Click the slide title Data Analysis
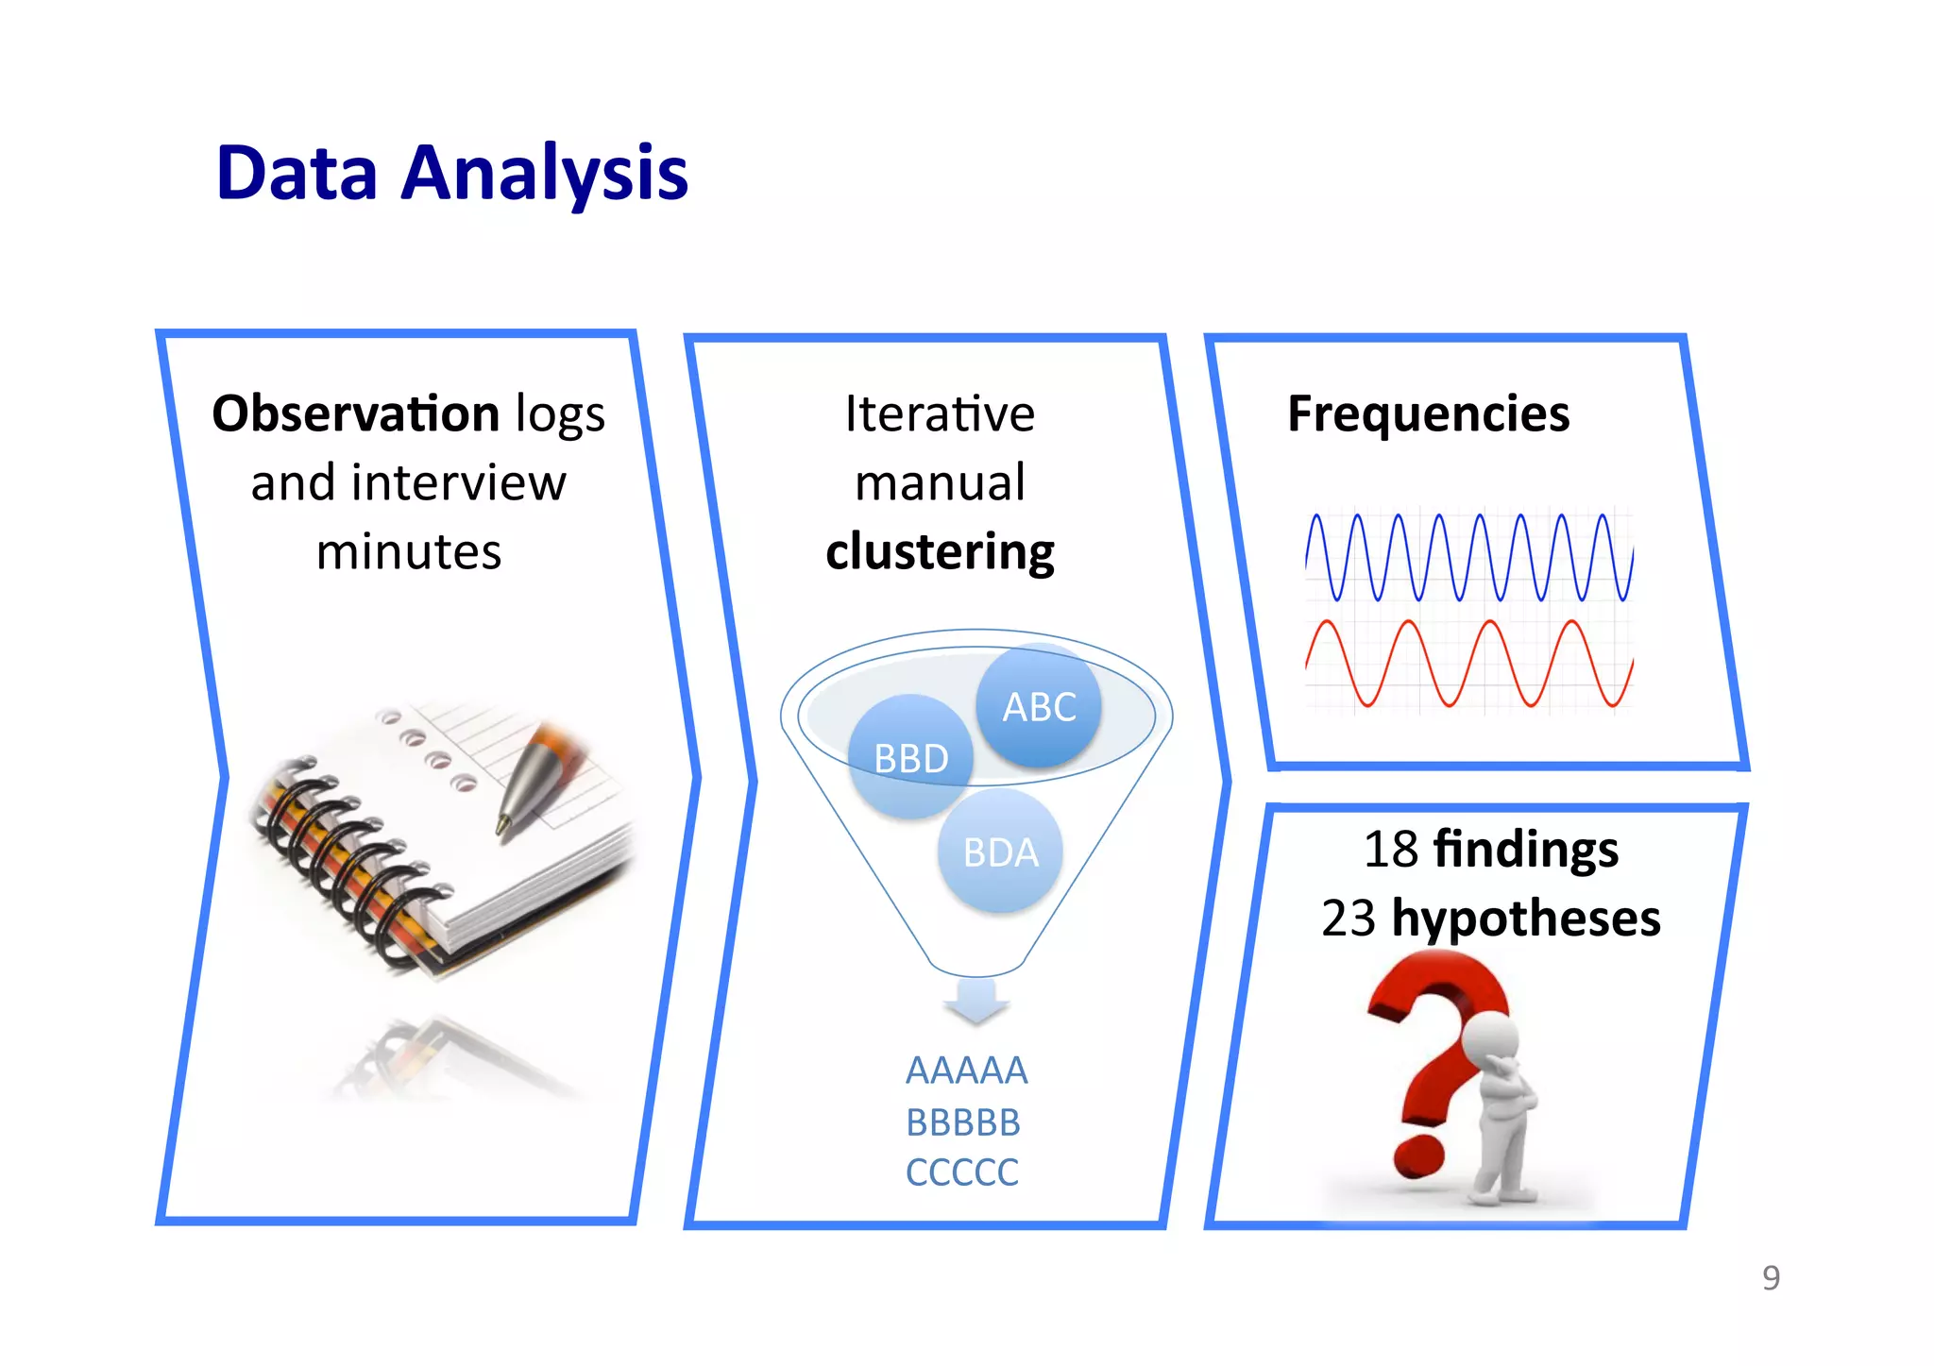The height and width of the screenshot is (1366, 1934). [x=451, y=174]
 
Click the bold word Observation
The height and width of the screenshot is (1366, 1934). [x=355, y=414]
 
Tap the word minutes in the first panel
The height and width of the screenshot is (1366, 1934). [x=408, y=552]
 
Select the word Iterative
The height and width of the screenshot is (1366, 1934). [x=939, y=414]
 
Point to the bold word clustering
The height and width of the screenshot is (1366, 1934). [x=940, y=552]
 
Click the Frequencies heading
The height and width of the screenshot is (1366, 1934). [x=1428, y=414]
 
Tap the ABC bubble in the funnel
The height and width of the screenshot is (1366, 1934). [x=1039, y=706]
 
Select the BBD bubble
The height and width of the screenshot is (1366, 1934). [x=910, y=757]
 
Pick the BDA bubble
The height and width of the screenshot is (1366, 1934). [x=1000, y=852]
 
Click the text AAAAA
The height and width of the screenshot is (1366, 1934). [x=966, y=1071]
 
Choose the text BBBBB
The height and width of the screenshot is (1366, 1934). [x=963, y=1122]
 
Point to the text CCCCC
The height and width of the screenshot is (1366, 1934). [x=961, y=1172]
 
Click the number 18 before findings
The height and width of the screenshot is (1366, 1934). [x=1390, y=850]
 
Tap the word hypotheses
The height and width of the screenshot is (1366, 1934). [x=1526, y=919]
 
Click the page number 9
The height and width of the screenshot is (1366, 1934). [x=1771, y=1278]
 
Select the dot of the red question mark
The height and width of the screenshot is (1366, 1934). [x=1418, y=1156]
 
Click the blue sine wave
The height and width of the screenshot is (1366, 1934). [x=1468, y=558]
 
